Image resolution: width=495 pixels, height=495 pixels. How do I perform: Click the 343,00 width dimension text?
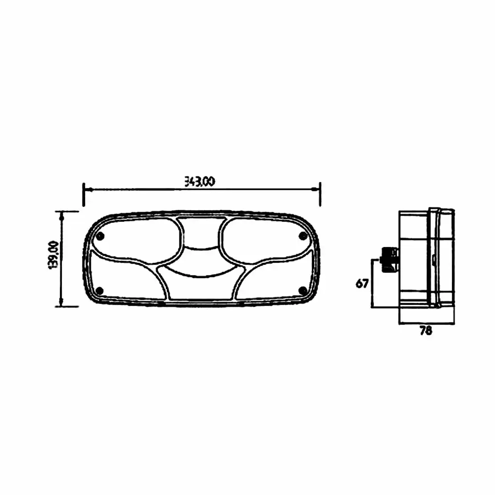[x=200, y=182]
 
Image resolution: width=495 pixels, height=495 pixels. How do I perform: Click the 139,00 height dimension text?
[x=52, y=255]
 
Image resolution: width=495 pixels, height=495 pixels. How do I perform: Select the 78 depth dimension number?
[x=425, y=331]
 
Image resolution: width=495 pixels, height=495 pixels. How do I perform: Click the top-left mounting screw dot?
[x=101, y=236]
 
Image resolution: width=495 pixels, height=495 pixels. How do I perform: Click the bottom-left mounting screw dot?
[x=100, y=291]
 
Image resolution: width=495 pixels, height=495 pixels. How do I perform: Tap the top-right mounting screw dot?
[x=303, y=235]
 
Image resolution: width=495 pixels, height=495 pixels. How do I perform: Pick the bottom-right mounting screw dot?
[x=303, y=290]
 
